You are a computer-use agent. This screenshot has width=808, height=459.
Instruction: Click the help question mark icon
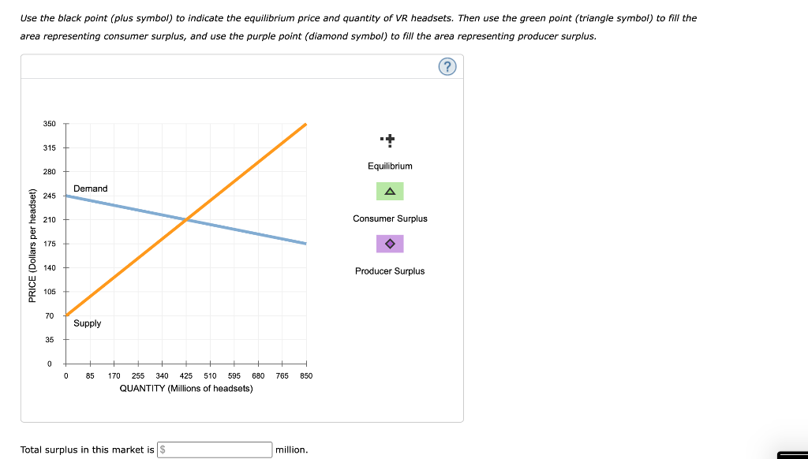pyautogui.click(x=447, y=67)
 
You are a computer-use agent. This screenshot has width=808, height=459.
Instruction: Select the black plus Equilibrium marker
pyautogui.click(x=390, y=141)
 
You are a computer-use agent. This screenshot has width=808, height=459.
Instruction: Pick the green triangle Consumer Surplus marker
pyautogui.click(x=390, y=192)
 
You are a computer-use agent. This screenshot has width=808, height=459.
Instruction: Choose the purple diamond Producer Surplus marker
pyautogui.click(x=390, y=244)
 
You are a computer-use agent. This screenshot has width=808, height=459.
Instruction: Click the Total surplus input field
pyautogui.click(x=215, y=450)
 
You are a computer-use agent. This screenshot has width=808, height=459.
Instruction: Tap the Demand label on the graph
pyautogui.click(x=90, y=188)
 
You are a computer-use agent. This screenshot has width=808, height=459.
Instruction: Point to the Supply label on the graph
pyautogui.click(x=87, y=323)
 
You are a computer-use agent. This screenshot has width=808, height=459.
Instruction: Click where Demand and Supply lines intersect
pyautogui.click(x=186, y=219)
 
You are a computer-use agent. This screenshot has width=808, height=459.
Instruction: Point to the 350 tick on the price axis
pyautogui.click(x=49, y=124)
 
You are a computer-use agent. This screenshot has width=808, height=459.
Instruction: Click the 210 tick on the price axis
pyautogui.click(x=49, y=219)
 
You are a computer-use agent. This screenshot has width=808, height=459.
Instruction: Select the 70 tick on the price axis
pyautogui.click(x=49, y=315)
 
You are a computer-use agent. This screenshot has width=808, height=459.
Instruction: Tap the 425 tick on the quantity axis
pyautogui.click(x=186, y=376)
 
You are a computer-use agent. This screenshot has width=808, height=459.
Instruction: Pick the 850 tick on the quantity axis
pyautogui.click(x=306, y=376)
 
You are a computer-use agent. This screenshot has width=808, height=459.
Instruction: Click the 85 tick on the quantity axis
pyautogui.click(x=90, y=376)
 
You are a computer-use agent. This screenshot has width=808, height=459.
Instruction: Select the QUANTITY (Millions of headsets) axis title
pyautogui.click(x=186, y=389)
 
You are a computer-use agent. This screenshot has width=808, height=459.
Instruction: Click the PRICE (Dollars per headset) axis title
pyautogui.click(x=32, y=245)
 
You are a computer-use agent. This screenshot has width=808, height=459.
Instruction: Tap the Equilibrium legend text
pyautogui.click(x=390, y=166)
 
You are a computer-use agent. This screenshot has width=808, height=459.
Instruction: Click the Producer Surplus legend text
pyautogui.click(x=390, y=271)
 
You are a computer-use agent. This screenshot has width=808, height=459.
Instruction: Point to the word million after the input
pyautogui.click(x=291, y=450)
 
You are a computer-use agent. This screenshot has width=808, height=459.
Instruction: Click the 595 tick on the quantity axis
pyautogui.click(x=234, y=376)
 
